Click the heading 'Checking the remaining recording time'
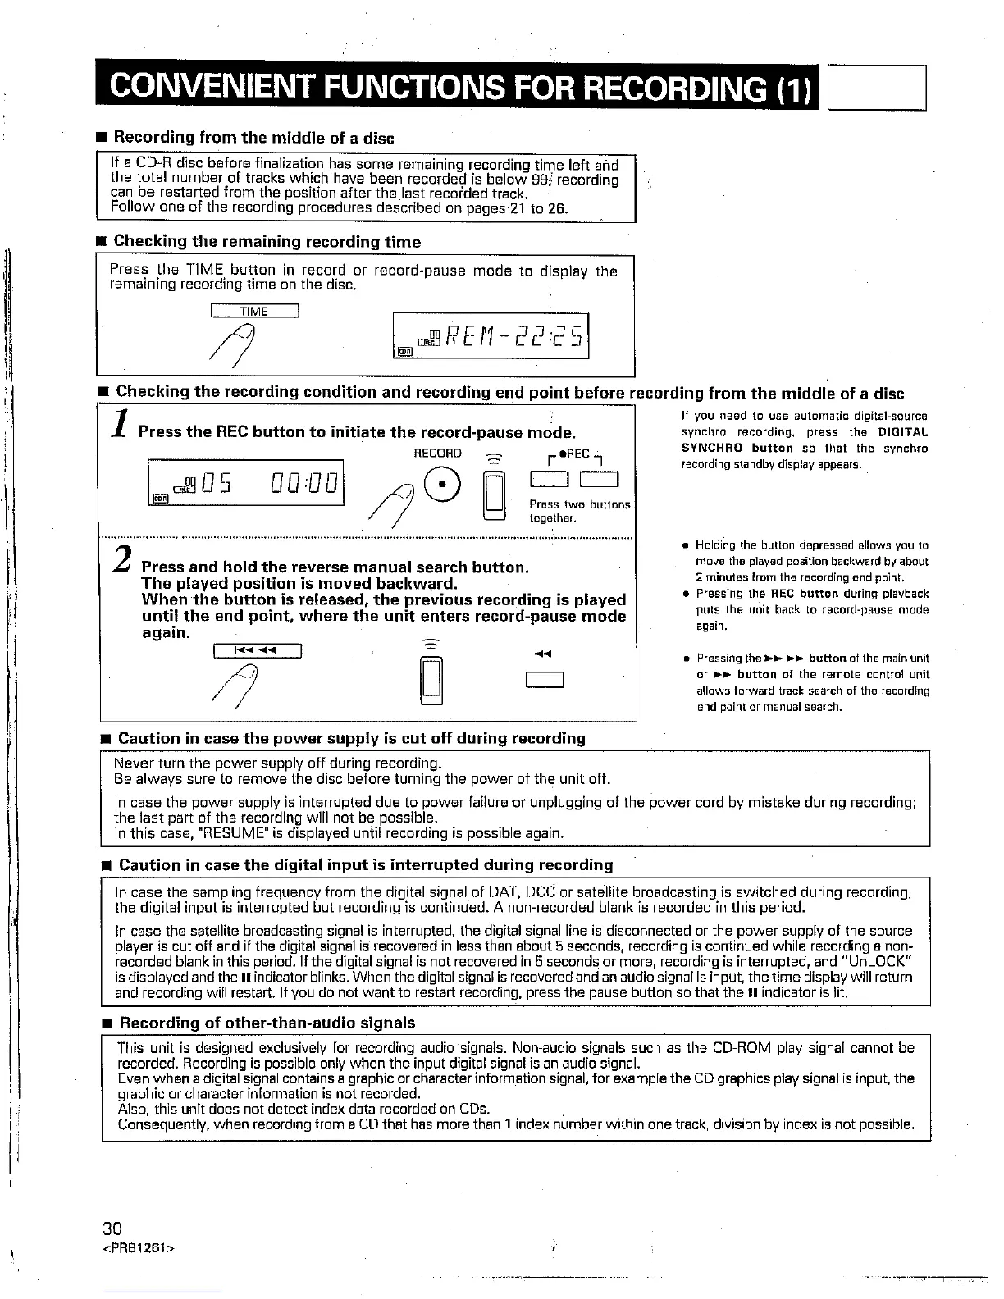coord(267,242)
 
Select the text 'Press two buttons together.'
coord(579,512)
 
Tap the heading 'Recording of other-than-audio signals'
coord(267,1023)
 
